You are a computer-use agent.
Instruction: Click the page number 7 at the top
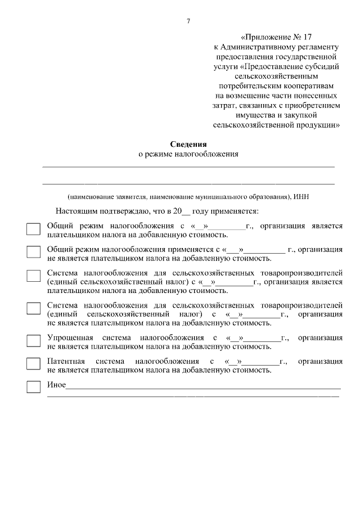[x=188, y=22]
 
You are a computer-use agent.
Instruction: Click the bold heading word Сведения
[x=188, y=143]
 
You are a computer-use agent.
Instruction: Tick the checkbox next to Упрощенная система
[x=34, y=341]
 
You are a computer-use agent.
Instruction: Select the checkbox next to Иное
[x=34, y=387]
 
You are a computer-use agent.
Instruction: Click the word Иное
[x=56, y=385]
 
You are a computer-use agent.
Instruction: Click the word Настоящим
[x=75, y=211]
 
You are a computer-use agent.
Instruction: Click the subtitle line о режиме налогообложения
[x=188, y=154]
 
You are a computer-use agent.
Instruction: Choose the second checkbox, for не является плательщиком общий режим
[x=34, y=253]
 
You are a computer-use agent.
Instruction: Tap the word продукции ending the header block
[x=316, y=125]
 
